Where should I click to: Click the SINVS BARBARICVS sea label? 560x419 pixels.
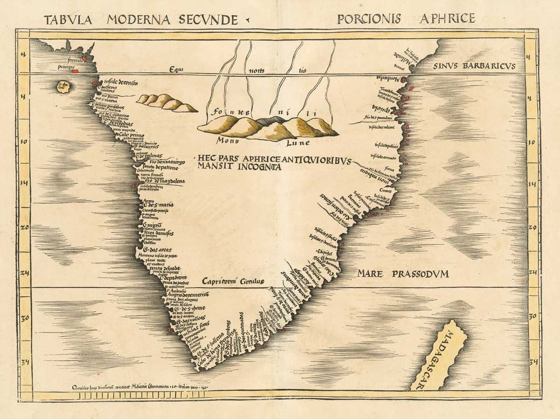pyautogui.click(x=474, y=65)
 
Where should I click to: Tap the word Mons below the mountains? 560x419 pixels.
pyautogui.click(x=228, y=140)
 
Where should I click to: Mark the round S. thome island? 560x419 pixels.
pyautogui.click(x=62, y=85)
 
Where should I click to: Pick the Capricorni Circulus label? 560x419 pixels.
pyautogui.click(x=233, y=281)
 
